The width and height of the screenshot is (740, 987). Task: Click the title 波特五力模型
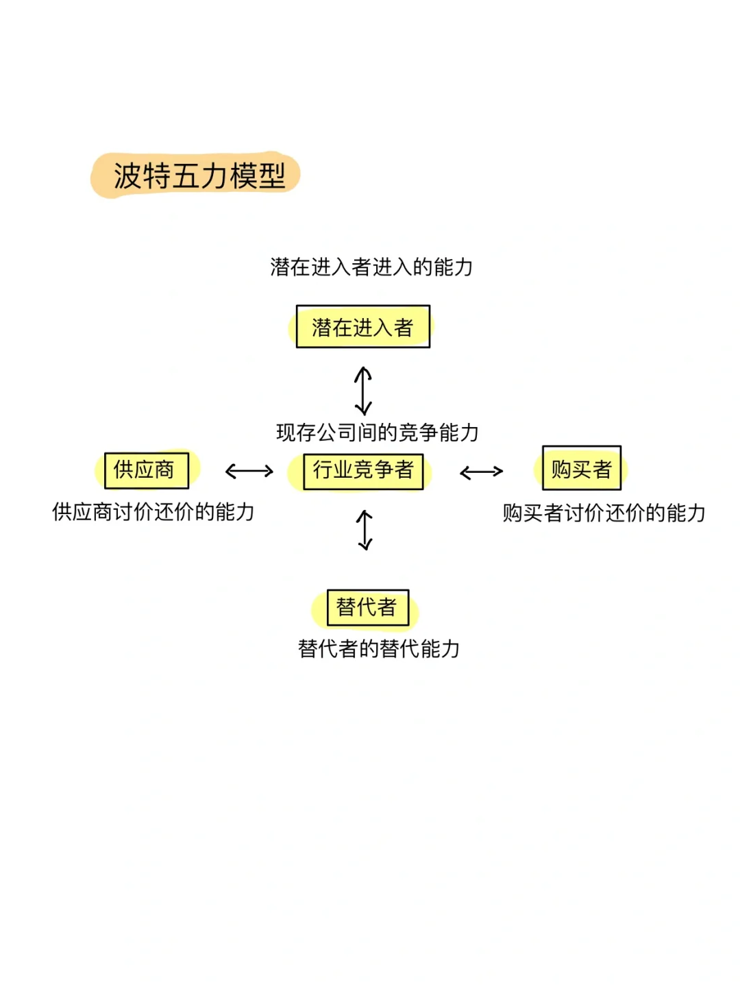click(x=199, y=176)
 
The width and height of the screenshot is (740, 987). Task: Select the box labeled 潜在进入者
click(x=362, y=327)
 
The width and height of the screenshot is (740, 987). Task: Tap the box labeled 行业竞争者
click(x=363, y=471)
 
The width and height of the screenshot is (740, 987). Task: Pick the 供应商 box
click(x=146, y=470)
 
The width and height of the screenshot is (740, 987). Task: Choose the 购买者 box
click(x=581, y=469)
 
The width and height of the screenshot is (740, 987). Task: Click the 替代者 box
click(x=367, y=607)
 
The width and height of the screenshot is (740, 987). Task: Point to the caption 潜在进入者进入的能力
click(x=371, y=267)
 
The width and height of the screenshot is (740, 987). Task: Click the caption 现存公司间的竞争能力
click(x=377, y=432)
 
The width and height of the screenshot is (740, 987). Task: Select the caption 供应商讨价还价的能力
click(x=153, y=512)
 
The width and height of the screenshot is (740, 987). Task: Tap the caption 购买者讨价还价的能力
click(x=604, y=513)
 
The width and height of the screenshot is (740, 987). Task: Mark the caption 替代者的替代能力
click(x=379, y=648)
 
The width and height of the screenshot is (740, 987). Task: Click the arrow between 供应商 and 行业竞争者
click(x=249, y=471)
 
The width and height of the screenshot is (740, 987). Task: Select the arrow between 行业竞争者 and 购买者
click(x=481, y=472)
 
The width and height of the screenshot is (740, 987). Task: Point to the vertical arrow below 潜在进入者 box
click(x=363, y=391)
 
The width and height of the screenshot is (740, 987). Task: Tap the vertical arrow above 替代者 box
click(x=365, y=530)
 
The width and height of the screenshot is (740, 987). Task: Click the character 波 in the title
click(x=127, y=176)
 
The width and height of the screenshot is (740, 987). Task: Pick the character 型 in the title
click(x=273, y=176)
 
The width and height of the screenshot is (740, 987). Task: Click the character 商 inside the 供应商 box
click(x=164, y=470)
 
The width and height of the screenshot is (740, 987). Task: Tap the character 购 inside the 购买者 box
click(x=561, y=469)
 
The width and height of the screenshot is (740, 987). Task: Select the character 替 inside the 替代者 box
click(x=346, y=607)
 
